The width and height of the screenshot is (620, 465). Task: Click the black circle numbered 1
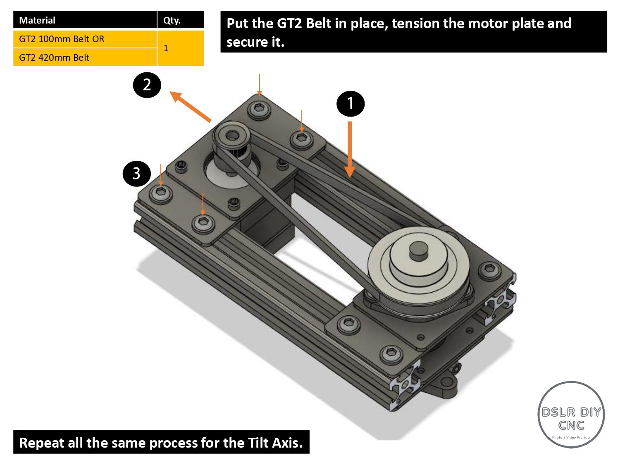(351, 103)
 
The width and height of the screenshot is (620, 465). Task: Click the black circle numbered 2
(147, 85)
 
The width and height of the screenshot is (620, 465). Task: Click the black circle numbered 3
(136, 173)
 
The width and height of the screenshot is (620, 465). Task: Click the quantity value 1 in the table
(166, 48)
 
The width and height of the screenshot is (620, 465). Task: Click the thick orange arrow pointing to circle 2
(191, 107)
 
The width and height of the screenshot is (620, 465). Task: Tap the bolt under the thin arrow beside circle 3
(161, 193)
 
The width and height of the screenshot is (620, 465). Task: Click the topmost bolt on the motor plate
(259, 109)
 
